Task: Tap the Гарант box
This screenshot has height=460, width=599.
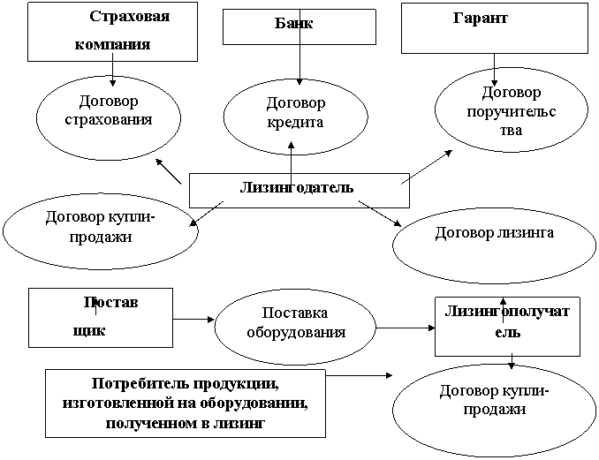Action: click(x=493, y=28)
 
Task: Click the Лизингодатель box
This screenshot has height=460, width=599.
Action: click(x=297, y=187)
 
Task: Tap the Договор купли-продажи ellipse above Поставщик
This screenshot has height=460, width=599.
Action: click(x=99, y=228)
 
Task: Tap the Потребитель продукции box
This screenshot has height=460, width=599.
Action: click(x=186, y=403)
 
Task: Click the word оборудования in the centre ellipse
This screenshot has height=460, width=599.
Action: click(x=295, y=333)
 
